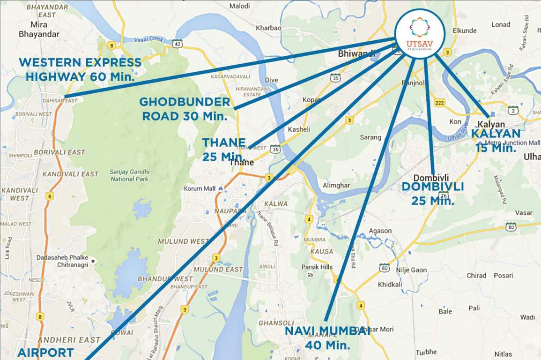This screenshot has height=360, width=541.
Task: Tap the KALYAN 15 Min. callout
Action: pos(496,141)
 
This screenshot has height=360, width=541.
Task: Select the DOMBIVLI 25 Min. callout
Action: pos(433,194)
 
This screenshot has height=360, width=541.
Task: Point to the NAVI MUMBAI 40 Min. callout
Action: pos(327,338)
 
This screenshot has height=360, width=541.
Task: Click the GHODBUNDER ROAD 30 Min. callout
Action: pos(185,109)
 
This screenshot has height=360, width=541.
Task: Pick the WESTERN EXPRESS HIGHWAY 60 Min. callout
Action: pos(80,69)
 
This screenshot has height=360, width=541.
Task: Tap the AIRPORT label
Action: pos(45,352)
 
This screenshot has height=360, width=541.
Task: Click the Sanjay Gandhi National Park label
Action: pos(129,175)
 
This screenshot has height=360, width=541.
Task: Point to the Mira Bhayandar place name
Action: pos(39,30)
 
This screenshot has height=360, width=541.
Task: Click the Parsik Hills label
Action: pos(317,267)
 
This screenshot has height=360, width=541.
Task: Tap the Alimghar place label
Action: pos(336,185)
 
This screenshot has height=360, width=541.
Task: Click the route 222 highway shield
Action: pos(439,103)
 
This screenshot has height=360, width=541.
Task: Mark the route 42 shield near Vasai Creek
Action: pos(177,44)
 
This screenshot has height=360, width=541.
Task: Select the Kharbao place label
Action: pos(268,28)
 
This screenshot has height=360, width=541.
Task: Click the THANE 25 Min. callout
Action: pos(224,149)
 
